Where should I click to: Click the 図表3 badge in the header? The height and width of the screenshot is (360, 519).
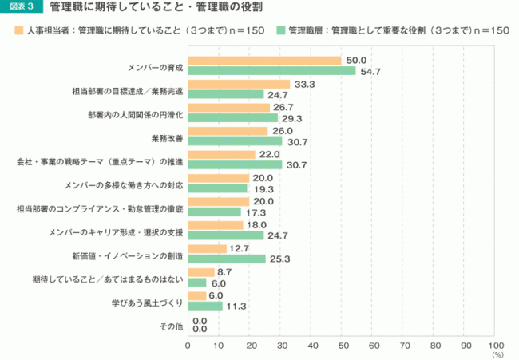click(x=22, y=9)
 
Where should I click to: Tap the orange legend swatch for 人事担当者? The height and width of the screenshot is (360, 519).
click(x=18, y=30)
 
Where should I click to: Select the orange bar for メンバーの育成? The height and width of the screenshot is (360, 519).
click(x=264, y=61)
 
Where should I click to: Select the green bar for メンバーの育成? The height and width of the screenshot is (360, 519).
click(x=271, y=71)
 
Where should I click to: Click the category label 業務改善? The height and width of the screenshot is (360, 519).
click(x=167, y=138)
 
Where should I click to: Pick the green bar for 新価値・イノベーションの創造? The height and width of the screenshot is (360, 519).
click(x=227, y=259)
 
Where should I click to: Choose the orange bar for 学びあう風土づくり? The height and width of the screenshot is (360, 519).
click(x=196, y=295)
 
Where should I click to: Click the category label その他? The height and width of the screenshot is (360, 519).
click(x=172, y=326)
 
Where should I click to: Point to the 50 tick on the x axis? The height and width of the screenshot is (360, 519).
click(x=342, y=345)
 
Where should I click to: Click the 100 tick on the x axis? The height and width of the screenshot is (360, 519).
click(x=496, y=345)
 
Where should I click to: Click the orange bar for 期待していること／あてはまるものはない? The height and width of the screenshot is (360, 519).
click(x=200, y=272)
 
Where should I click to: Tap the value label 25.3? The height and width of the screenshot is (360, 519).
click(x=280, y=259)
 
